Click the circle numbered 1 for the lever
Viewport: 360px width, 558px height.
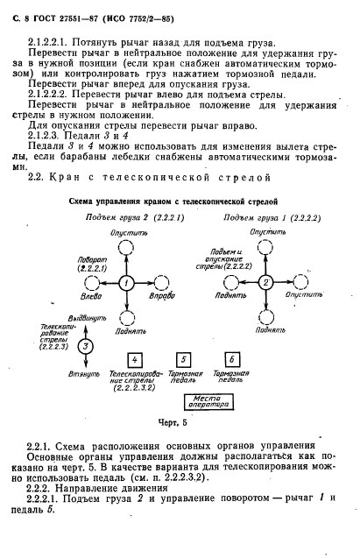click(x=126, y=284)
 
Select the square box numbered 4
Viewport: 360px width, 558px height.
click(x=134, y=361)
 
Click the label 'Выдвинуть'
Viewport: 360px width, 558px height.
click(x=71, y=320)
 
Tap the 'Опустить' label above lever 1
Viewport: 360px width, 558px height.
click(x=127, y=234)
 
